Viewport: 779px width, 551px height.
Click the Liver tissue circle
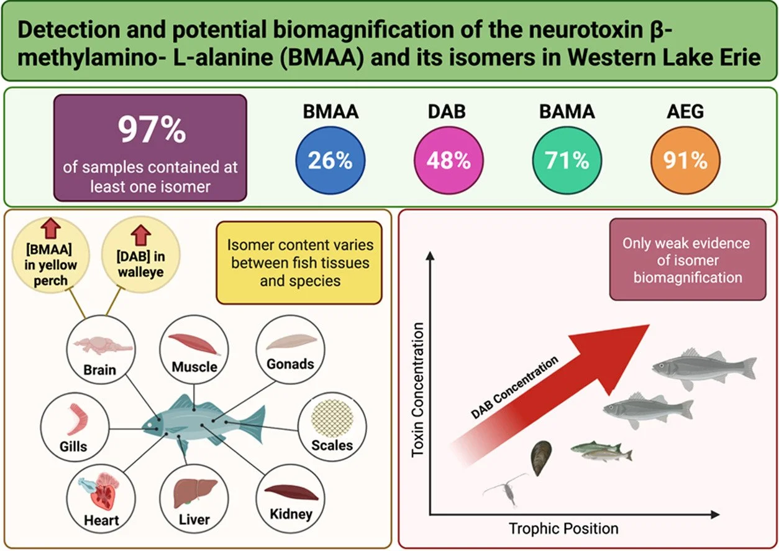coord(194,497)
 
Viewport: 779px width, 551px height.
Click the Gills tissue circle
coord(73,426)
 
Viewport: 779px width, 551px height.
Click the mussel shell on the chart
coord(541,458)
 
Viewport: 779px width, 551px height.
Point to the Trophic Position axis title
coord(563,529)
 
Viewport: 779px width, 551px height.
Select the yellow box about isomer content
coord(299,262)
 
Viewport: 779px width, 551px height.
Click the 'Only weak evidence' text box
coord(687,260)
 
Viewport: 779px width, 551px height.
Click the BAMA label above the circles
coord(567,111)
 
